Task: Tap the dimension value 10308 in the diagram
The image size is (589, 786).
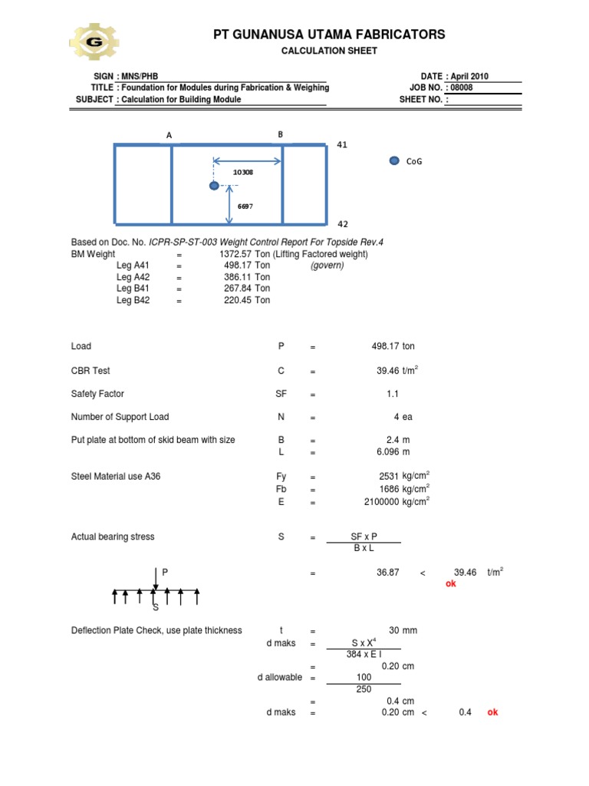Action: click(243, 172)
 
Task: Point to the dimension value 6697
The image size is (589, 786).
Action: click(245, 206)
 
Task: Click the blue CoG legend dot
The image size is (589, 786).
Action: click(394, 160)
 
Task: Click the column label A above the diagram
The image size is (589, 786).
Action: click(169, 136)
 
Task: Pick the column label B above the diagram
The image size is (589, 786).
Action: click(281, 134)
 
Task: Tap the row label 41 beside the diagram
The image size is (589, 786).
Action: click(343, 144)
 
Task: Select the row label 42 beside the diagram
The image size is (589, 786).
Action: click(343, 224)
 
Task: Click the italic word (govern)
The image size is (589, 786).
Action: click(327, 266)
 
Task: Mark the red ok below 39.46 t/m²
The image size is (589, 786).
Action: click(451, 584)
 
